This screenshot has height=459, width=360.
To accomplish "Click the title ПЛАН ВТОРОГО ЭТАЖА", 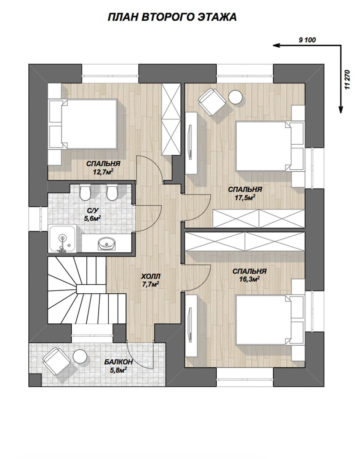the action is pyautogui.click(x=172, y=17).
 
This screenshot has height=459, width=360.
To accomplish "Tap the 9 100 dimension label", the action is pyautogui.click(x=307, y=40).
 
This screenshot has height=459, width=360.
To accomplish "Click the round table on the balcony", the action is pyautogui.click(x=80, y=356).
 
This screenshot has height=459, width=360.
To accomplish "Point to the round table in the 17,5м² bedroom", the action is pyautogui.click(x=235, y=97).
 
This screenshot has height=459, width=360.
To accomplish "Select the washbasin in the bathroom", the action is pyautogui.click(x=107, y=243).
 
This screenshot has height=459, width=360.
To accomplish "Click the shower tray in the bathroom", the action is pyautogui.click(x=62, y=239).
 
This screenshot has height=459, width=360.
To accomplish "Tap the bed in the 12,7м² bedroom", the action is pyautogui.click(x=83, y=124).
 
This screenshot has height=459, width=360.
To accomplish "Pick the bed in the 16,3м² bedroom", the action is pyautogui.click(x=270, y=320).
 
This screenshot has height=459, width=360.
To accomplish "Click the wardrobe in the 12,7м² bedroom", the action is pyautogui.click(x=171, y=119).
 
